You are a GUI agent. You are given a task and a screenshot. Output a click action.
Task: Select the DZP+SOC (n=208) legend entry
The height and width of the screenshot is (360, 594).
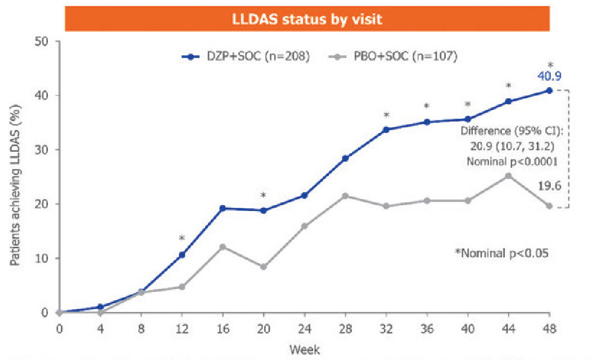pyautogui.click(x=246, y=57)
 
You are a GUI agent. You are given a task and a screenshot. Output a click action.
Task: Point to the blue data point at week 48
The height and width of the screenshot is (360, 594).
pyautogui.click(x=550, y=91)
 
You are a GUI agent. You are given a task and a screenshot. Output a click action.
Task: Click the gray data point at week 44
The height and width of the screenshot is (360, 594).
pyautogui.click(x=508, y=175)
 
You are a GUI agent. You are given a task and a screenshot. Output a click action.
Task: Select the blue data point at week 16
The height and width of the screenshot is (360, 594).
pyautogui.click(x=223, y=208)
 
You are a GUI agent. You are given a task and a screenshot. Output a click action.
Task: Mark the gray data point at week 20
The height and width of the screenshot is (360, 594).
pyautogui.click(x=264, y=267)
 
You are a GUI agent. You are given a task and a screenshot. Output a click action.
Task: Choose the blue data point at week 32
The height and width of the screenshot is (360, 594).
pyautogui.click(x=386, y=129)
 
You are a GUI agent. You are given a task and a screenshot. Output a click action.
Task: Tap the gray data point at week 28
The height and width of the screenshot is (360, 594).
pyautogui.click(x=345, y=196)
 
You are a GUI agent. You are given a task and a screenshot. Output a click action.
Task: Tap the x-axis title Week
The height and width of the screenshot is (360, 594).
pyautogui.click(x=304, y=349)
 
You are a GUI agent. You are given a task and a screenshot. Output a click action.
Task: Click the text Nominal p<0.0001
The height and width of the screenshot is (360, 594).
pyautogui.click(x=512, y=162)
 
